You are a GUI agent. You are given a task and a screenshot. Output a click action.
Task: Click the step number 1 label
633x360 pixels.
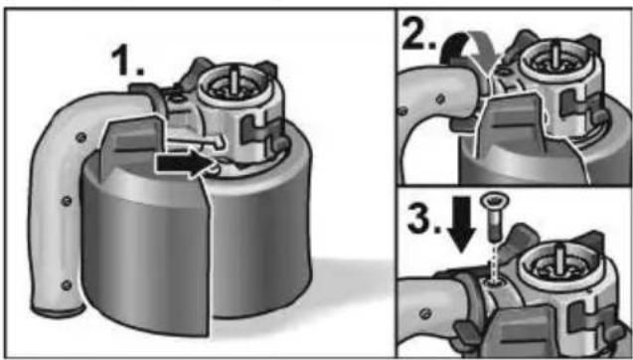127,61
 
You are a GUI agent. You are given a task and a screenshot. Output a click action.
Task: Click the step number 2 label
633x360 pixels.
418,33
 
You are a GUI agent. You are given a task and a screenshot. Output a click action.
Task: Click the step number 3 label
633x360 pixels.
423,219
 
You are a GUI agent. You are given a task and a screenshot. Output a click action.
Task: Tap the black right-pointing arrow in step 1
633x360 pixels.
184,163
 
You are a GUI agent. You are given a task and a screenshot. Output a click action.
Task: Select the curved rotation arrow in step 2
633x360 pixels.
468,49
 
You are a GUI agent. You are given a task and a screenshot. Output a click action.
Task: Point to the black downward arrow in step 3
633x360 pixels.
461,224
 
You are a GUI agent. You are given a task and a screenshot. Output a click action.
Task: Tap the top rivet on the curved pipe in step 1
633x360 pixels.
80,138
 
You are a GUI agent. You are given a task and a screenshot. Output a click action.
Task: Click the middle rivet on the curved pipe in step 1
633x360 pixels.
67,201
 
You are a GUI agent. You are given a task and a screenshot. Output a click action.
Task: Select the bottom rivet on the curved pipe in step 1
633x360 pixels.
66,285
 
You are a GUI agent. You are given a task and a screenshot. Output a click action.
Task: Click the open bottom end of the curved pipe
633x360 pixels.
59,311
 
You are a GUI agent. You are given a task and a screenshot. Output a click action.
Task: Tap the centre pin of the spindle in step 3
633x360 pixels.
560,258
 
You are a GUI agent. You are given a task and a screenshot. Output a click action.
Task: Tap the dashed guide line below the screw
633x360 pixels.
493,263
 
